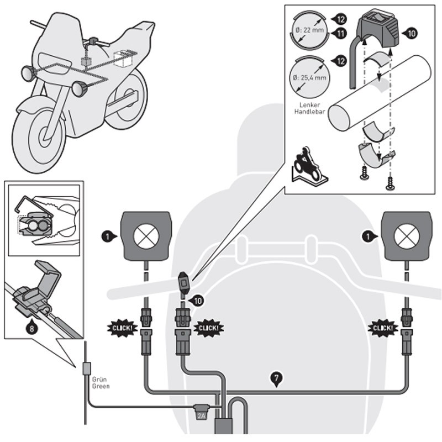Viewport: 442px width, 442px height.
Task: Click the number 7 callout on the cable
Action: pyautogui.click(x=277, y=378)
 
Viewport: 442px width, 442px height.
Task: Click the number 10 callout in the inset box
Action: pyautogui.click(x=412, y=34)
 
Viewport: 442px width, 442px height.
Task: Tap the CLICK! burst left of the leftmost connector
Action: pyautogui.click(x=122, y=328)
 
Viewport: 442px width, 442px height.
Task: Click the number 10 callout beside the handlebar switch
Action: pyautogui.click(x=194, y=301)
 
